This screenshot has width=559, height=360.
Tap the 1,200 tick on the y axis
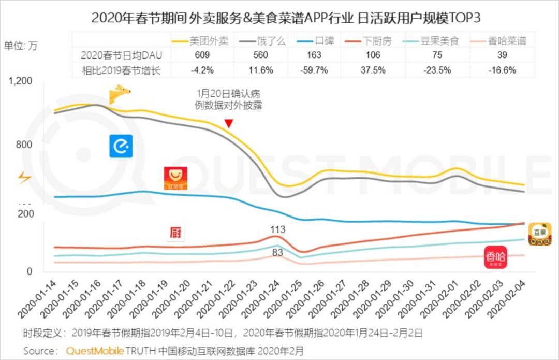(x=20, y=81)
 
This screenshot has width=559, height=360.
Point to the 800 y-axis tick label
(x=24, y=145)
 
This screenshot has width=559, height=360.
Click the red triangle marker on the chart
(x=229, y=123)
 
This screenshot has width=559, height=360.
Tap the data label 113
(x=277, y=229)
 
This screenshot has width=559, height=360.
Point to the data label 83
(x=277, y=252)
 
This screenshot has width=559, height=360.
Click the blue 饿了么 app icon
(x=121, y=146)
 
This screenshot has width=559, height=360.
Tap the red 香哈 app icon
(x=495, y=257)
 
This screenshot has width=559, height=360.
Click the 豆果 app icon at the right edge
(x=539, y=234)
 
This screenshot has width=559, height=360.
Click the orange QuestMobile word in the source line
(x=95, y=351)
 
